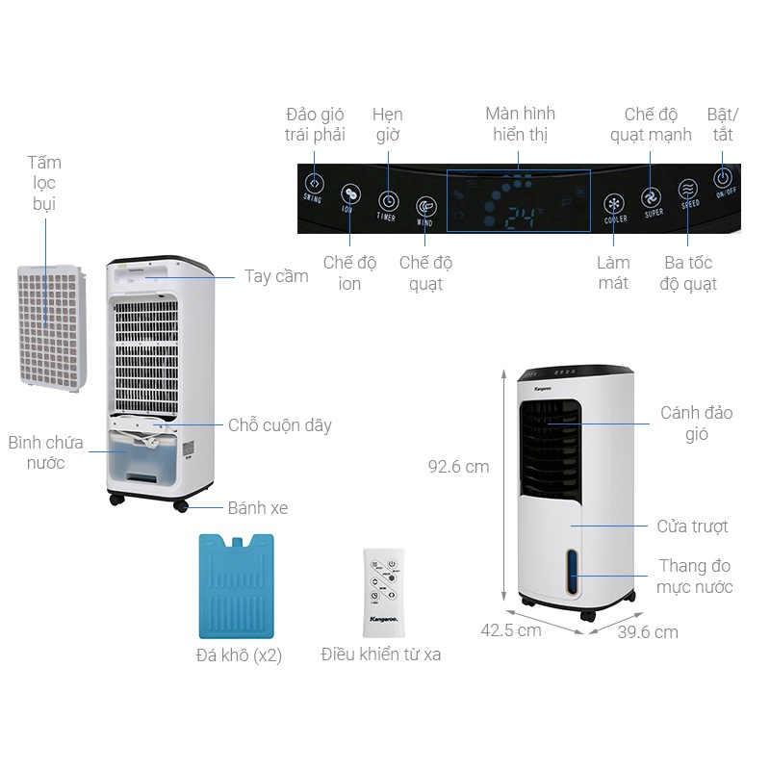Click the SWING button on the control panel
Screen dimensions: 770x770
tap(313, 182)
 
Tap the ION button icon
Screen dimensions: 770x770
tap(350, 192)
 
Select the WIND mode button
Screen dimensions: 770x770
tap(425, 207)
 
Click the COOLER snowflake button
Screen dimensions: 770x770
tap(614, 203)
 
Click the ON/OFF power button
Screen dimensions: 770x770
tap(724, 178)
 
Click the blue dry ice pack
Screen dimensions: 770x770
tap(237, 585)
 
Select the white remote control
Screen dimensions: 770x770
tap(383, 592)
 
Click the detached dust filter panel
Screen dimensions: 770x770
tap(50, 326)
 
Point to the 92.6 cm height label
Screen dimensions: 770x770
tap(458, 467)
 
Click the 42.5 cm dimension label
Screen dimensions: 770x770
tap(510, 630)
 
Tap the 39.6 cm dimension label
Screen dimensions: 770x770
tap(647, 632)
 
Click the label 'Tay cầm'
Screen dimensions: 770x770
tap(276, 277)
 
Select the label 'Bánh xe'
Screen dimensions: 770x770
tap(258, 507)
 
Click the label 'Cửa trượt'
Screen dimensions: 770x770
tap(692, 526)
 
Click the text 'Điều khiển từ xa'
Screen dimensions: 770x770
tap(381, 654)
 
